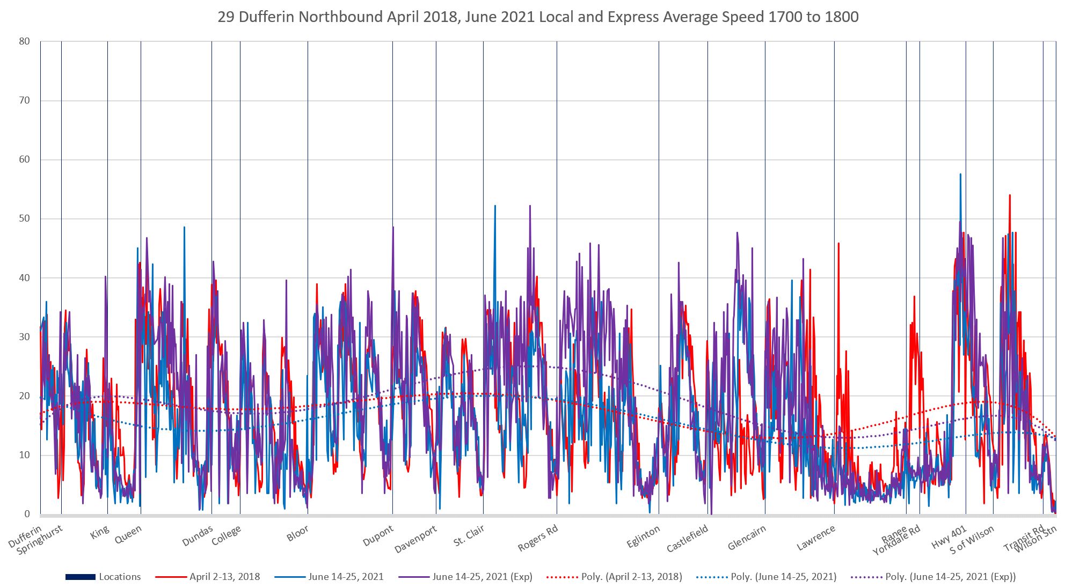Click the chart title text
click(537, 17)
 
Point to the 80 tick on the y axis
click(24, 41)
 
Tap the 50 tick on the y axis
click(24, 218)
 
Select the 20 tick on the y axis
click(24, 396)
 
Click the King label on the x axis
click(100, 532)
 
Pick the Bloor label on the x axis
click(297, 533)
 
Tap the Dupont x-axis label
click(378, 535)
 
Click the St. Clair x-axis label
click(469, 535)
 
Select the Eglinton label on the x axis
click(643, 536)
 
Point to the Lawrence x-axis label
click(816, 537)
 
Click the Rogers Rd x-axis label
click(538, 538)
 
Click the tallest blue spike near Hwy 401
click(960, 174)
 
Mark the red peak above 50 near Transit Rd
click(1010, 195)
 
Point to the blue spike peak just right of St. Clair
click(495, 206)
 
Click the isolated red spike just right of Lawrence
click(838, 244)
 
